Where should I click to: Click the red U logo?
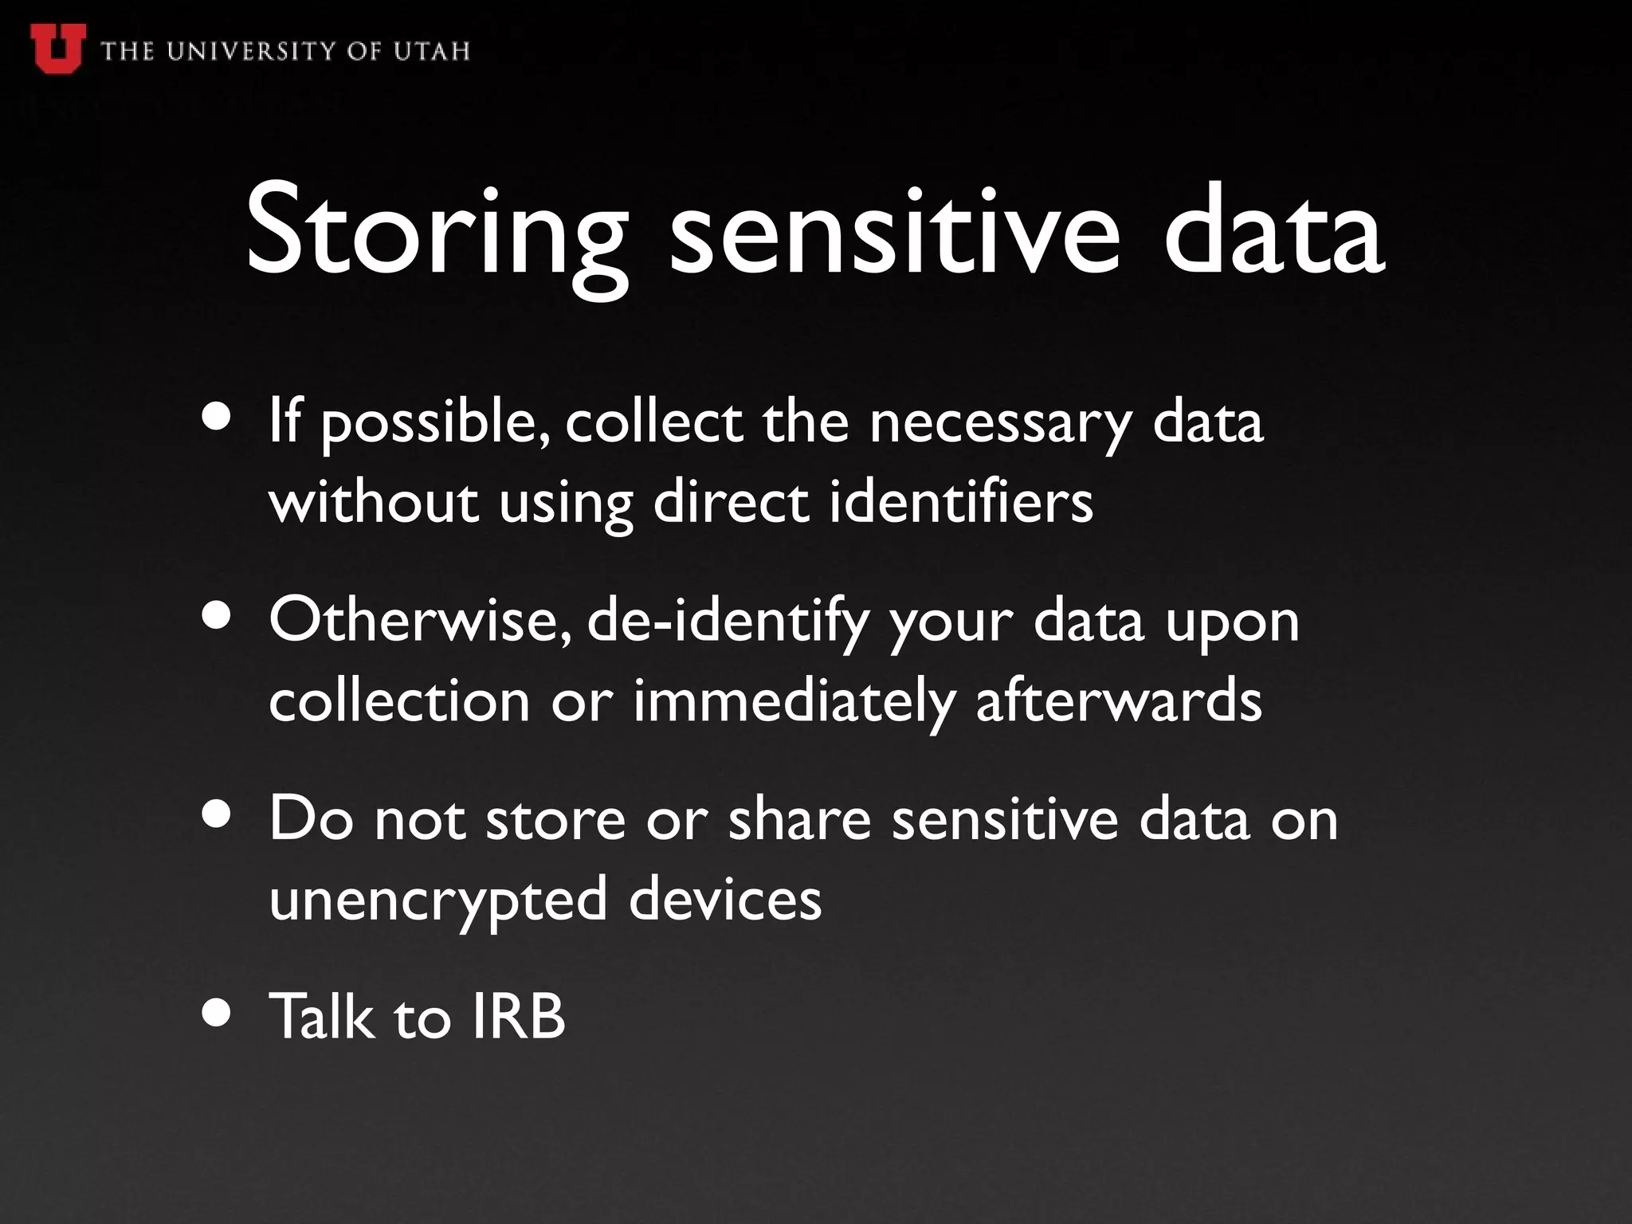click(x=57, y=47)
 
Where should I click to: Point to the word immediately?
click(x=794, y=701)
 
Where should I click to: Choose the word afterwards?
click(x=1120, y=701)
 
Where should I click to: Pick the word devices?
click(x=725, y=899)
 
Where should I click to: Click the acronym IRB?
click(x=518, y=1017)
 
